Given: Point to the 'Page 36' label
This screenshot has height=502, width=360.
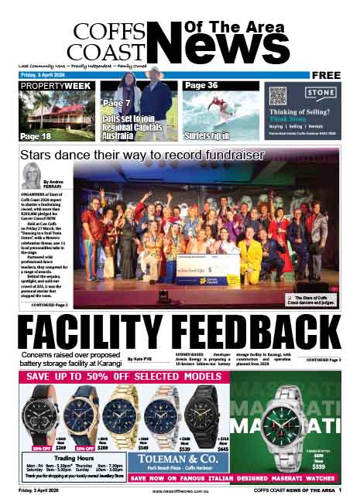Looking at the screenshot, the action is tap(201, 85).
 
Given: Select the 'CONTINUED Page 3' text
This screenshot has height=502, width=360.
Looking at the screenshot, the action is tap(323, 360).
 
